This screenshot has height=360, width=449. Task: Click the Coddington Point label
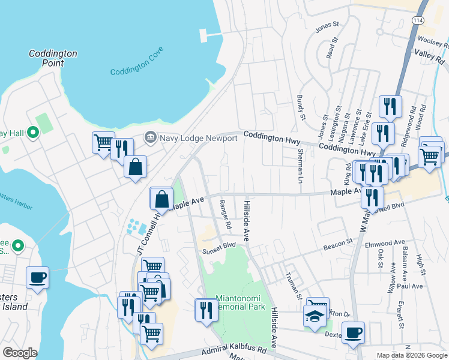coord(53,58)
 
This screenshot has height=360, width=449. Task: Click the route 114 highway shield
coord(417,20)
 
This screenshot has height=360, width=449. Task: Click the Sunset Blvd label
coord(218,244)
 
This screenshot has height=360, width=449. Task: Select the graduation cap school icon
coord(315,316)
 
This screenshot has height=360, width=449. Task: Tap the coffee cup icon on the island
coord(38,277)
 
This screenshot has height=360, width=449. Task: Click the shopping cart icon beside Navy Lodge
coord(103,143)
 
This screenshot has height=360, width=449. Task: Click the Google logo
coord(20,353)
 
